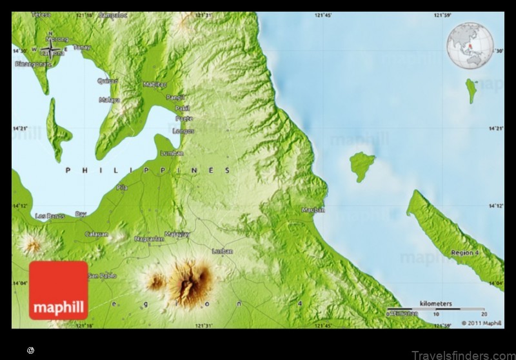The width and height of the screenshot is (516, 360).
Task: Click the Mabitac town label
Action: (155, 85)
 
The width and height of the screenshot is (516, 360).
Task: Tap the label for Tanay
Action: (81, 46)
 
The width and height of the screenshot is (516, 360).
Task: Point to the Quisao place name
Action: (107, 81)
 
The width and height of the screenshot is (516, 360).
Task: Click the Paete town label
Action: (183, 119)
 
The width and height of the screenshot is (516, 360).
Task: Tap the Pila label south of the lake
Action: (122, 188)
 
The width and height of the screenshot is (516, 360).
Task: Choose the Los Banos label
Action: (50, 215)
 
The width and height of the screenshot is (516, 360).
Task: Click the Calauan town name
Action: (97, 234)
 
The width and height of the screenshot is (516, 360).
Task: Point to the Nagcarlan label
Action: (148, 239)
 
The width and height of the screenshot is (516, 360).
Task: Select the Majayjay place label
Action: (177, 234)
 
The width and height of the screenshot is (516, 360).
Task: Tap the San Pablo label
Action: (103, 276)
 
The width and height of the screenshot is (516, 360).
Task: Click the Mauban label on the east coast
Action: (313, 210)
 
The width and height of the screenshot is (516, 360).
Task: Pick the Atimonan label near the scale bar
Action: (402, 313)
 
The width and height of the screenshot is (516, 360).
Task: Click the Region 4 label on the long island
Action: (465, 252)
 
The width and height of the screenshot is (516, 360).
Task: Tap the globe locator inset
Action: (470, 46)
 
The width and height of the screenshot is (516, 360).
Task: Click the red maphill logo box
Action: (58, 290)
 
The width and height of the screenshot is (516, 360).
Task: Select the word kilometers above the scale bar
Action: (436, 303)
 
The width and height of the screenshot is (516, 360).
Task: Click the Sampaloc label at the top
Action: (114, 14)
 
